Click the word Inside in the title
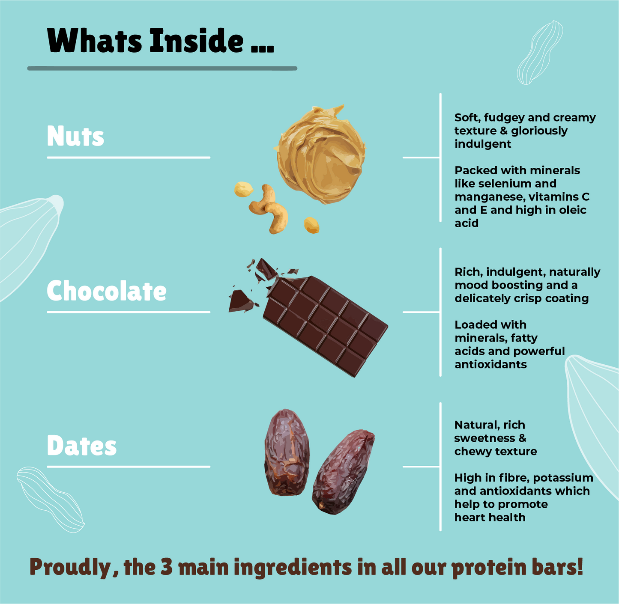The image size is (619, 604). (x=197, y=40)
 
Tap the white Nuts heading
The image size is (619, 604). (x=75, y=136)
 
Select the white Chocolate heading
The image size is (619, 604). (x=107, y=291)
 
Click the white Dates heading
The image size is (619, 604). (x=82, y=445)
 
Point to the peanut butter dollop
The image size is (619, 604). (x=320, y=154)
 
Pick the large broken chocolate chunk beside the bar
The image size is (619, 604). (x=241, y=301)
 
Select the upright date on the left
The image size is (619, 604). (x=287, y=452)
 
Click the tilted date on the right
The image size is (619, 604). (x=343, y=472)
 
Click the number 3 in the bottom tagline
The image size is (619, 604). (x=166, y=566)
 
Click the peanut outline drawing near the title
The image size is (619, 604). (x=540, y=53)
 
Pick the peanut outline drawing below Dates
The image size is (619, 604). (x=50, y=500)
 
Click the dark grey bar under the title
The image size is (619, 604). (x=162, y=68)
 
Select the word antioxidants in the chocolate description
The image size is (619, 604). (x=490, y=364)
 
